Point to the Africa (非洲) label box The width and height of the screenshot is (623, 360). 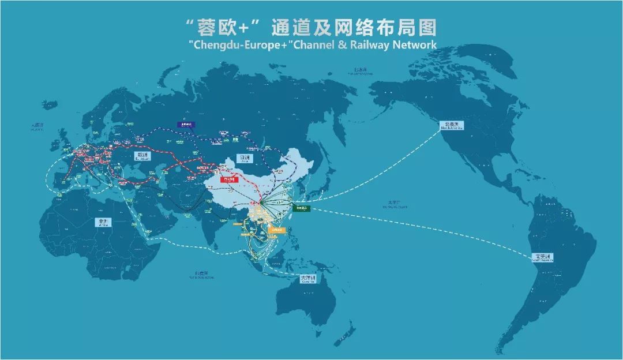click(x=104, y=221)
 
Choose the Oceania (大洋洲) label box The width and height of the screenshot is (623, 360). click(x=309, y=280)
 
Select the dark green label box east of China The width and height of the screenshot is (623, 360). click(x=301, y=209)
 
